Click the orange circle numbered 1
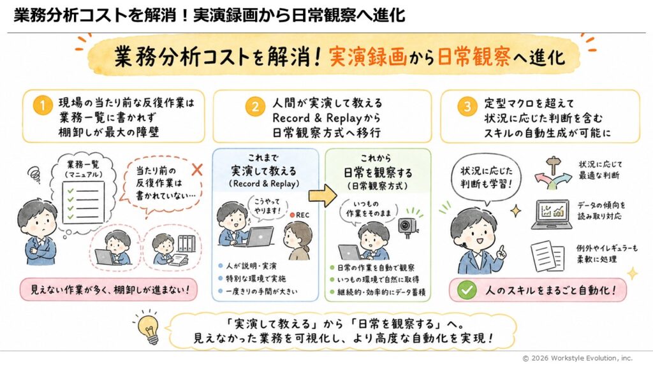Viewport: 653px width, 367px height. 42,106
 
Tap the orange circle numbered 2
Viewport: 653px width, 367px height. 255,106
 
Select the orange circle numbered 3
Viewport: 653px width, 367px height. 467,106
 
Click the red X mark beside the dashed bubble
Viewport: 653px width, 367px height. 197,169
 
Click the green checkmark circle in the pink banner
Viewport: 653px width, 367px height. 466,290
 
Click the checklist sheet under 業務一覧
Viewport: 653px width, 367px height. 82,203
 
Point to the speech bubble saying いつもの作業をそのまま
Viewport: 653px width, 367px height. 368,210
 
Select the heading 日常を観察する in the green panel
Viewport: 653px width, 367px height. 378,173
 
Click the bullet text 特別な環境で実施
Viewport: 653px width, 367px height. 256,278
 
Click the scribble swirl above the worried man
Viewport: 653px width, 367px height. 34,174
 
